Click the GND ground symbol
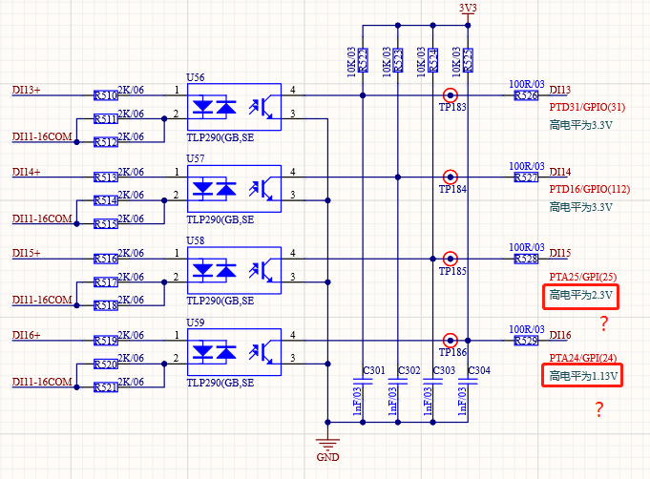[329, 445]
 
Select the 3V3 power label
[468, 8]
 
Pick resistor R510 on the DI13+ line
[106, 95]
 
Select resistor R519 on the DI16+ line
[106, 341]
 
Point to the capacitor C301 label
[374, 370]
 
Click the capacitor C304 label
[479, 370]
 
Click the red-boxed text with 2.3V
[582, 297]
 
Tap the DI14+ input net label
[27, 172]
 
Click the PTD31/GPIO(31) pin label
[587, 107]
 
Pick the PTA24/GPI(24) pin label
[582, 358]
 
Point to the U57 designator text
[195, 157]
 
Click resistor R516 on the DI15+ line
[106, 259]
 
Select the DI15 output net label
[560, 254]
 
